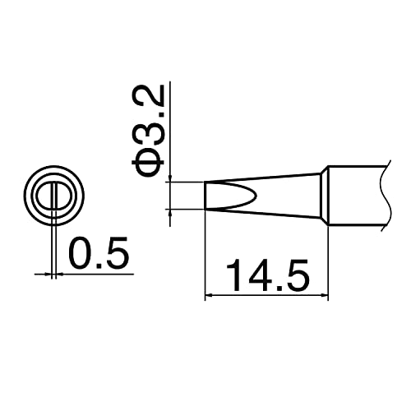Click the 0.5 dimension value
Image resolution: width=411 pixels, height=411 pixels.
click(99, 254)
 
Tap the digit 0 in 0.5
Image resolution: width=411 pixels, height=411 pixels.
click(81, 254)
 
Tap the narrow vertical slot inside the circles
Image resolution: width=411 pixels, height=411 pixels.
click(53, 197)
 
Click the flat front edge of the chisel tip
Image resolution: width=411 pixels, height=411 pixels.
click(204, 195)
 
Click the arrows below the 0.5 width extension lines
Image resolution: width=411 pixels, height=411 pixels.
click(53, 273)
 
